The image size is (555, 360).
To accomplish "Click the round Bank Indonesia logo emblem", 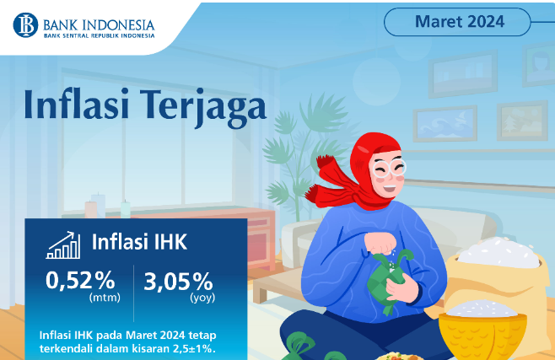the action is [x=25, y=25].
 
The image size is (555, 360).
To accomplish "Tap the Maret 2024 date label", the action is [x=460, y=22].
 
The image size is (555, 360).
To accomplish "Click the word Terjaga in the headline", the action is [x=202, y=106].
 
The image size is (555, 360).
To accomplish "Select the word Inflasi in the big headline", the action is [x=77, y=105].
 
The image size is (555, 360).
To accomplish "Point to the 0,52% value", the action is [x=80, y=281].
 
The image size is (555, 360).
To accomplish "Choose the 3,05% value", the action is [x=178, y=282].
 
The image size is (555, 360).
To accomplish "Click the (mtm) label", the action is [x=105, y=298].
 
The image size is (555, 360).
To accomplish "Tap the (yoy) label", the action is [x=202, y=298].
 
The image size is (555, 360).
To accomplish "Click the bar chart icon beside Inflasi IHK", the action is [x=63, y=245].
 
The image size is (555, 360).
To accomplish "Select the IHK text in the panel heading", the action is [x=170, y=242].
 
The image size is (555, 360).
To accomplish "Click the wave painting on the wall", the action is [x=445, y=124].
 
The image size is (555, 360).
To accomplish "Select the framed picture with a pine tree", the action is [x=522, y=121].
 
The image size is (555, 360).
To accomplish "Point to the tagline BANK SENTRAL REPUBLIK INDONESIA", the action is [x=100, y=35].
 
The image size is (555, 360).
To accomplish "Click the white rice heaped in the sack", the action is [x=499, y=252].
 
